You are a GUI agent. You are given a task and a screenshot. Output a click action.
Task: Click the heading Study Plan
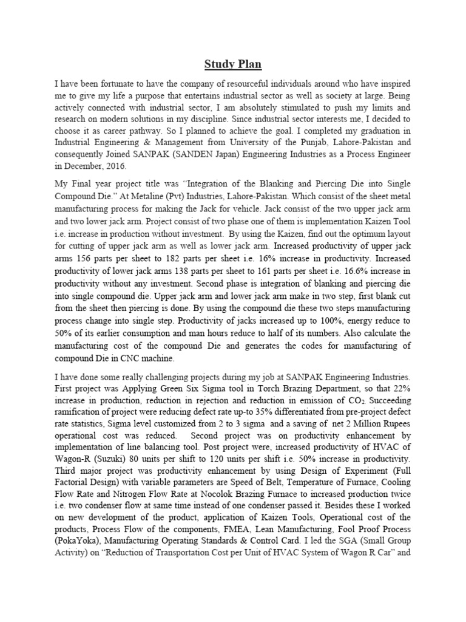point(233,64)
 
